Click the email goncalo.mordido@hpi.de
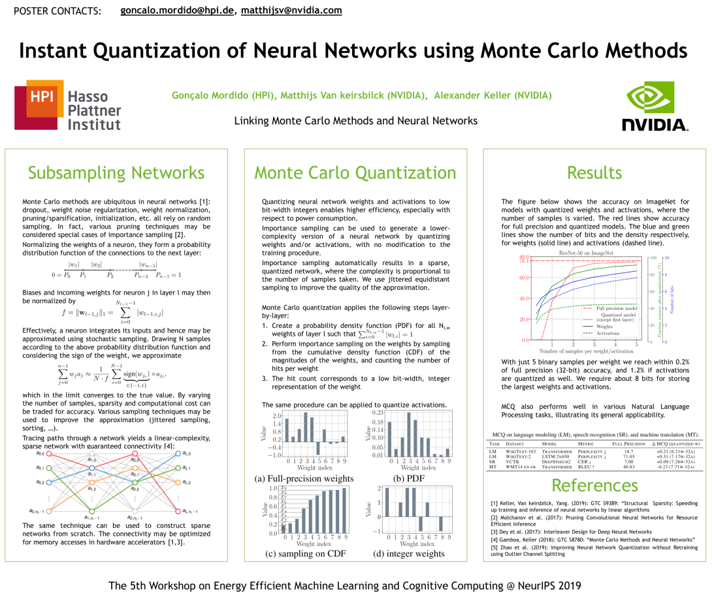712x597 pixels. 177,10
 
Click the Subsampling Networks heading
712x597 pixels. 116,173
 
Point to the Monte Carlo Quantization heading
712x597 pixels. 355,173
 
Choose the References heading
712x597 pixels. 594,485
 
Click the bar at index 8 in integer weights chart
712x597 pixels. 440,523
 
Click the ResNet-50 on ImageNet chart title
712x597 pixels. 585,251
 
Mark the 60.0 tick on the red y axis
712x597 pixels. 524,278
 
